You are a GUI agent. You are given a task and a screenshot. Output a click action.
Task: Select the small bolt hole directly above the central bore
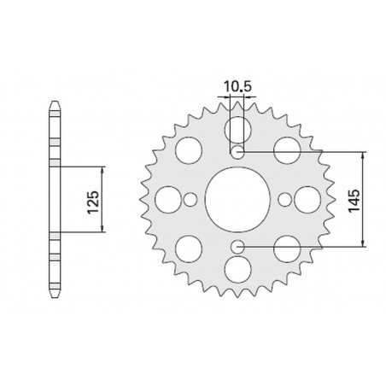[237, 152]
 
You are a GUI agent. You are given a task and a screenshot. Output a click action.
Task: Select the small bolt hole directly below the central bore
[237, 247]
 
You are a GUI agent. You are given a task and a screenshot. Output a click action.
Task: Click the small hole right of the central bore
[284, 199]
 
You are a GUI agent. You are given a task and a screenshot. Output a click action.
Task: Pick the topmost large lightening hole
[237, 129]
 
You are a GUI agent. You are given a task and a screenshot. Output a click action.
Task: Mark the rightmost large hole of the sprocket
[306, 199]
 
